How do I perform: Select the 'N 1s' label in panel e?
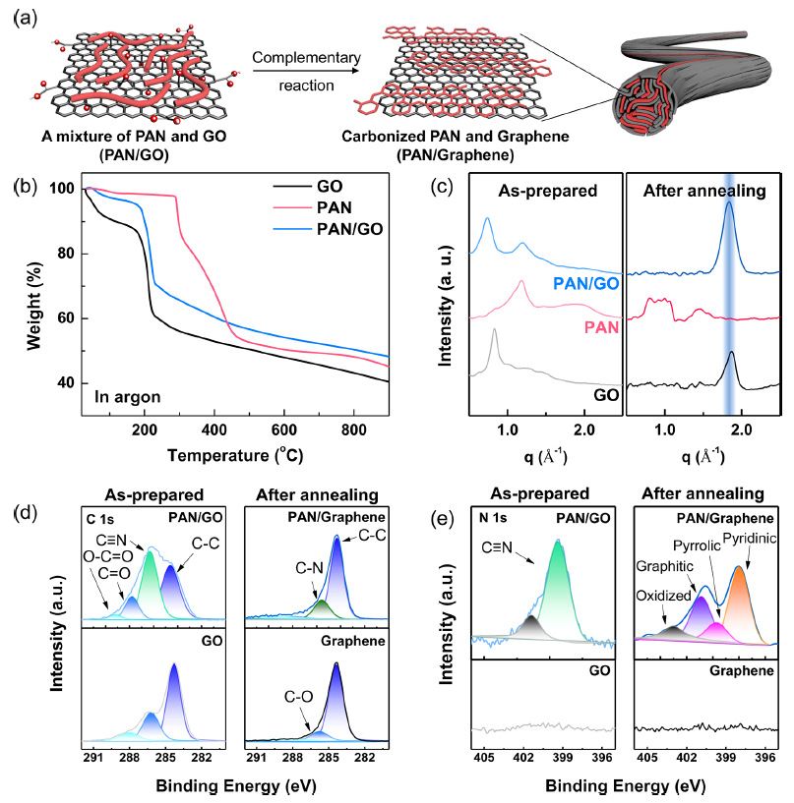[x=497, y=515]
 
